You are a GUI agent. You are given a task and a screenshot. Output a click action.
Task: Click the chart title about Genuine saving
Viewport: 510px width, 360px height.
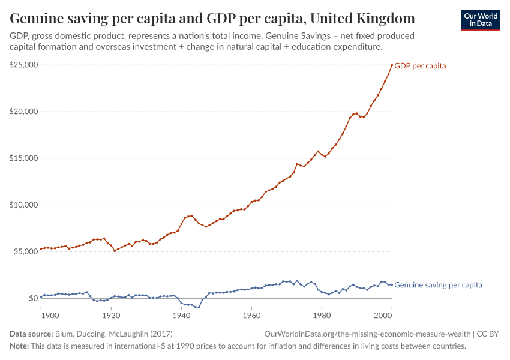[212, 17]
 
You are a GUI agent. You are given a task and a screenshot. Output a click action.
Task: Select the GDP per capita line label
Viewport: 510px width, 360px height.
[419, 66]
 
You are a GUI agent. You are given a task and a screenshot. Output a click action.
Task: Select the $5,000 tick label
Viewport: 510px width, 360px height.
[25, 251]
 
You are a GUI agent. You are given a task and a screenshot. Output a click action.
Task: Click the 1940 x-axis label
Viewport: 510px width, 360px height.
[181, 314]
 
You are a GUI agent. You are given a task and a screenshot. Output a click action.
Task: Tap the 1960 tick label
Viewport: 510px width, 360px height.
[251, 314]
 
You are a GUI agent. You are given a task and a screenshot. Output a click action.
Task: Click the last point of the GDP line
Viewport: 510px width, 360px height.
[392, 65]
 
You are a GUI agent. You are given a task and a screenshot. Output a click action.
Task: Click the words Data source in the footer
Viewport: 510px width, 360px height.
[31, 334]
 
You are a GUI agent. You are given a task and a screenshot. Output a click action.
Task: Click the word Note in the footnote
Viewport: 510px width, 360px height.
[19, 346]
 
